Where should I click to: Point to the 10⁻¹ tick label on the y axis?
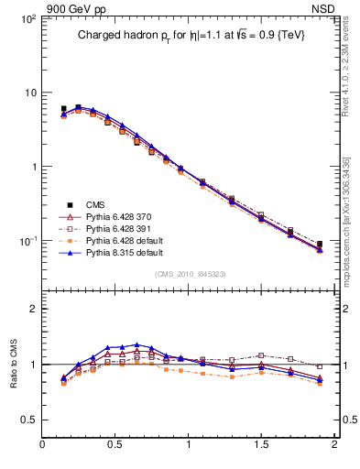point(27,241)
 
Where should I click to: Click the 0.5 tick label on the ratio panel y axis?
point(28,420)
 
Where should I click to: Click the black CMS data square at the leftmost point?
point(63,109)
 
